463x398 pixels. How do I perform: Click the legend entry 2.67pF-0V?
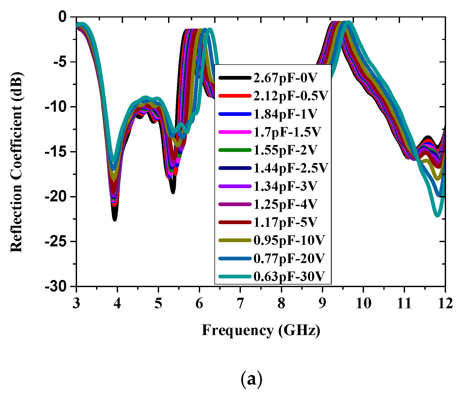[285, 78]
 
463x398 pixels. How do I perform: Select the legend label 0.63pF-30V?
[289, 277]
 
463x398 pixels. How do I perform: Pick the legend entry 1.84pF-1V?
[285, 114]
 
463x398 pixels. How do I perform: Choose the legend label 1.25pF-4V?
[285, 204]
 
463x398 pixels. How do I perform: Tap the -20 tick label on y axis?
[56, 197]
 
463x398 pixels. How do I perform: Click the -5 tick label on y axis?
[60, 62]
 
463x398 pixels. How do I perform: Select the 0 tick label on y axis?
[63, 17]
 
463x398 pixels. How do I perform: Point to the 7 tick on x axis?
[240, 303]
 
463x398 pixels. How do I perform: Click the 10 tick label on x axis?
[363, 303]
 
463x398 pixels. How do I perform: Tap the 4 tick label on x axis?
[117, 303]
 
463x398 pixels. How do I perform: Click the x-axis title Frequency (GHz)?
[261, 330]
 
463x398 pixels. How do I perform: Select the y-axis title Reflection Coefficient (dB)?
[16, 162]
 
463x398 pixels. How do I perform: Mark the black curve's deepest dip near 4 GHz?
[115, 219]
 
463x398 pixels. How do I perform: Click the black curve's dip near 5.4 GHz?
[173, 192]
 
